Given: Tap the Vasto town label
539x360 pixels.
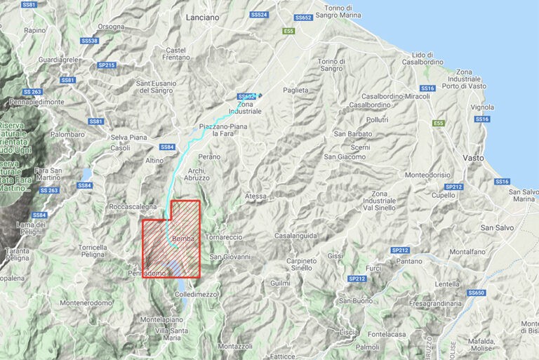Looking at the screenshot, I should point(473,158).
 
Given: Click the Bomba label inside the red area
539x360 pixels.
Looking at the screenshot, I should point(182,239).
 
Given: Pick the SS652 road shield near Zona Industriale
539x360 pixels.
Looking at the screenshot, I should point(246,96).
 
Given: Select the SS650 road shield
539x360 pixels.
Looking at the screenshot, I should point(476,292).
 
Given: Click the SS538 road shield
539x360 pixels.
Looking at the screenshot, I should point(89,41).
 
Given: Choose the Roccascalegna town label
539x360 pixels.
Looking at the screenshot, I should point(132,207).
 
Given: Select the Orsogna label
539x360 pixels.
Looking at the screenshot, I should point(111,27).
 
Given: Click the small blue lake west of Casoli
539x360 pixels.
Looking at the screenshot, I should point(86,173).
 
